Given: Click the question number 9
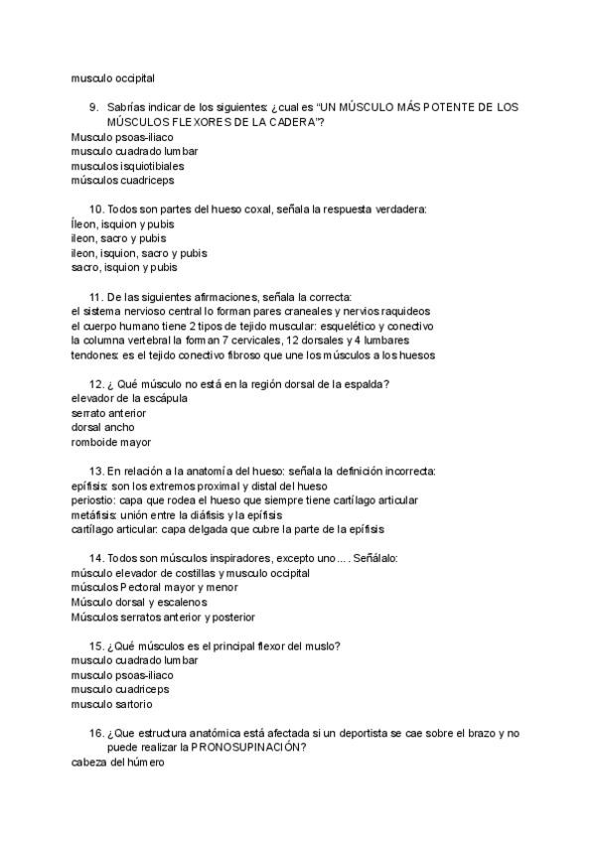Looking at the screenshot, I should pyautogui.click(x=92, y=106).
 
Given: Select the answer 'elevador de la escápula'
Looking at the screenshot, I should pyautogui.click(x=129, y=398).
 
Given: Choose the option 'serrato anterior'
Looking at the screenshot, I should pyautogui.click(x=108, y=413).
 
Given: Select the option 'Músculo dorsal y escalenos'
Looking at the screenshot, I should pyautogui.click(x=139, y=602).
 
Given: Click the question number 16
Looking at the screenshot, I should pyautogui.click(x=95, y=733).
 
